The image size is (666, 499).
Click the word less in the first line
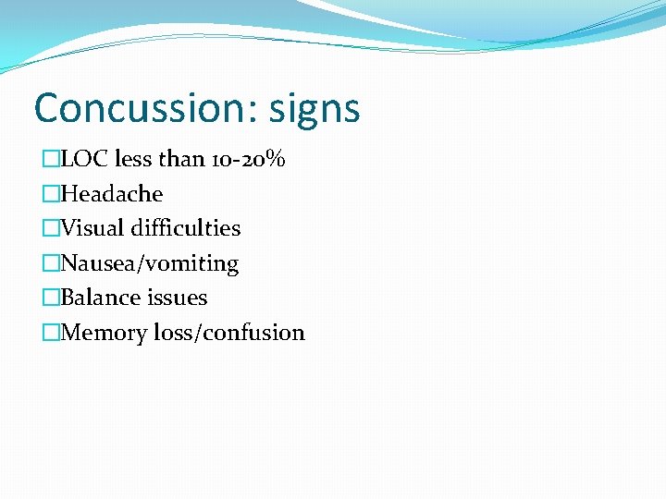(x=135, y=159)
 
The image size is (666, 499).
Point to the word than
(x=181, y=159)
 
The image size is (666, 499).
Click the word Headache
(x=111, y=194)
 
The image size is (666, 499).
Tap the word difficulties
(x=185, y=228)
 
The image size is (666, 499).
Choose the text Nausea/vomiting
(x=149, y=263)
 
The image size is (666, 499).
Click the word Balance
(x=98, y=298)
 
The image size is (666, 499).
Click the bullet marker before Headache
(x=50, y=194)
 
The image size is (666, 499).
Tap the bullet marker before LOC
(x=50, y=159)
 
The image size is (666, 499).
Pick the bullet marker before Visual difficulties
(x=50, y=228)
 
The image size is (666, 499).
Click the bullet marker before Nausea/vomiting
(x=50, y=263)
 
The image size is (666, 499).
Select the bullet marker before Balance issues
(x=50, y=298)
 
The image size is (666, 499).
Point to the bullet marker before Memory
(x=50, y=333)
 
